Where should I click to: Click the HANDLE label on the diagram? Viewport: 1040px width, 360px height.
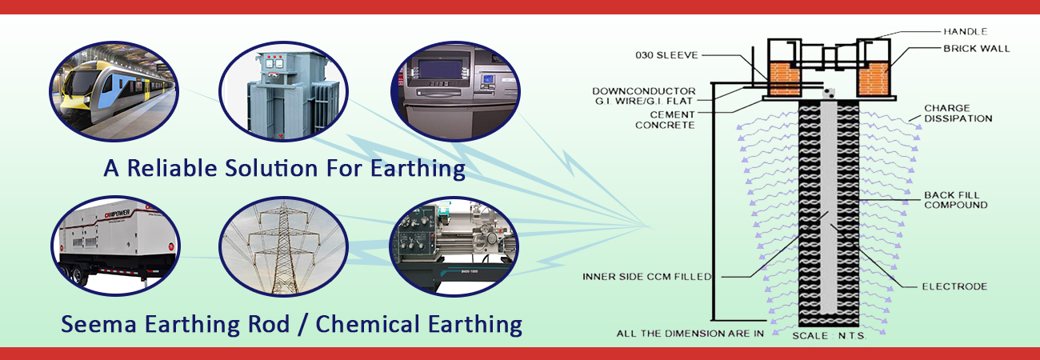pos(966,31)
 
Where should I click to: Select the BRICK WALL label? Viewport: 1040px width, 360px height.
pos(976,48)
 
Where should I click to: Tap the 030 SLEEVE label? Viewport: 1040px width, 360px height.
pos(666,55)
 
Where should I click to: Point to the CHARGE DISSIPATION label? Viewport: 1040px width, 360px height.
pos(958,114)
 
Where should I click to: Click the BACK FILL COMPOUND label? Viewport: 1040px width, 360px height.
pos(955,200)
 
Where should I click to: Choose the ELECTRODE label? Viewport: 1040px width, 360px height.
pos(954,286)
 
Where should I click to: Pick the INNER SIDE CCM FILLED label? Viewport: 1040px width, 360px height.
pos(646,277)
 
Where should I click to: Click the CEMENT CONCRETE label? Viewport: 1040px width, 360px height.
pos(665,120)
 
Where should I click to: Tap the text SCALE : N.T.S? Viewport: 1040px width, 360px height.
pos(830,335)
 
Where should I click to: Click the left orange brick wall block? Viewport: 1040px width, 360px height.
pos(785,79)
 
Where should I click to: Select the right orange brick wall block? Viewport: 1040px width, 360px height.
pos(874,79)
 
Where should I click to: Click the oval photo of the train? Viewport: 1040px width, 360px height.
pos(114,91)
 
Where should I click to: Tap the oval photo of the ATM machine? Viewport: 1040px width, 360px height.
pos(455,91)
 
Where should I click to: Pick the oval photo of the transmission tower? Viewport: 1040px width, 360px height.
pos(283,246)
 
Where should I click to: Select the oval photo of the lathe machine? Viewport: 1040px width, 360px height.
pos(454,246)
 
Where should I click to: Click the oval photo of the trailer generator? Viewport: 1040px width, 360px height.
pos(115,246)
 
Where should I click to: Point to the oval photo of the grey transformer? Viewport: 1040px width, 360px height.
pos(283,91)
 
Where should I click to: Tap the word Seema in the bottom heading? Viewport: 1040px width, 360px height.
pos(98,324)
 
